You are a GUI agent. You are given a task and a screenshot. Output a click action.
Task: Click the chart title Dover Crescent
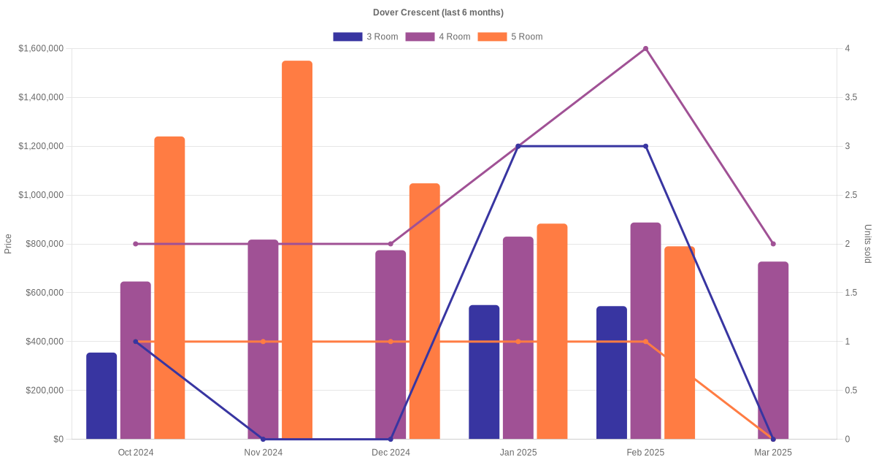tap(438, 12)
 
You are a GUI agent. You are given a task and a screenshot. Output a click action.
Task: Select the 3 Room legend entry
tap(365, 37)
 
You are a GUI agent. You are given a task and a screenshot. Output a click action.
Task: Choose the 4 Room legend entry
tap(437, 37)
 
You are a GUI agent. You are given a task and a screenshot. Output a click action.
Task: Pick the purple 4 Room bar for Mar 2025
tap(773, 350)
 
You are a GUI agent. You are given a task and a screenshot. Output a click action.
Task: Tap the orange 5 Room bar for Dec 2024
tap(424, 311)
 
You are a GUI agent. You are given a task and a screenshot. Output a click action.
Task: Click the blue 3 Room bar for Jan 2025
tap(484, 372)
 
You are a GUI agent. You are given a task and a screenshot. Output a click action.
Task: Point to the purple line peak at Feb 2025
tap(645, 49)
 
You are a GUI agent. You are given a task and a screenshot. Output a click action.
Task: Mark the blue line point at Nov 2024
tap(264, 439)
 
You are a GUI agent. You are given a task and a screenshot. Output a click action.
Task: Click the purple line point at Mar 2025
tap(773, 244)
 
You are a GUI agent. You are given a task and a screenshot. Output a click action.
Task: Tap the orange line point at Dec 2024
tap(391, 342)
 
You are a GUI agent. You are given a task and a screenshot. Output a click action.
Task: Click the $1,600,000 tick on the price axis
tap(42, 49)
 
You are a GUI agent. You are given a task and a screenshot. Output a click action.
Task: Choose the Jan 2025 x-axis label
tap(518, 453)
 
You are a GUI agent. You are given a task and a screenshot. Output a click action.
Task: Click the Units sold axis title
tap(868, 244)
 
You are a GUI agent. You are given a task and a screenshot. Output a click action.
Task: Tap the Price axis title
tap(8, 244)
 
